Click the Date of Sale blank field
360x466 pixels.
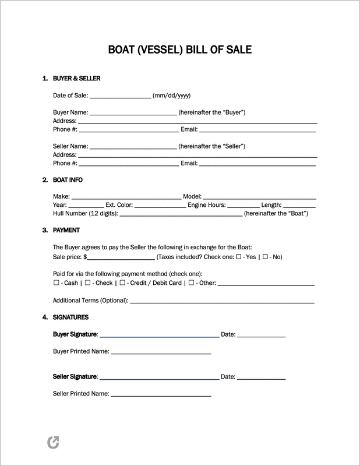120,96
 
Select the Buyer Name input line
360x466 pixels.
133,112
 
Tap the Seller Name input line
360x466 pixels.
133,146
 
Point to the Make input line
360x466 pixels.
126,197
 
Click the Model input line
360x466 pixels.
259,197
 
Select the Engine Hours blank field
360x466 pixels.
243,205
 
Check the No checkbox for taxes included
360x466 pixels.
266,257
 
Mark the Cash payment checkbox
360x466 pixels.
56,283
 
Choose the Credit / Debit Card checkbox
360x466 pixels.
121,283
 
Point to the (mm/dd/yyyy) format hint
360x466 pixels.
172,96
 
